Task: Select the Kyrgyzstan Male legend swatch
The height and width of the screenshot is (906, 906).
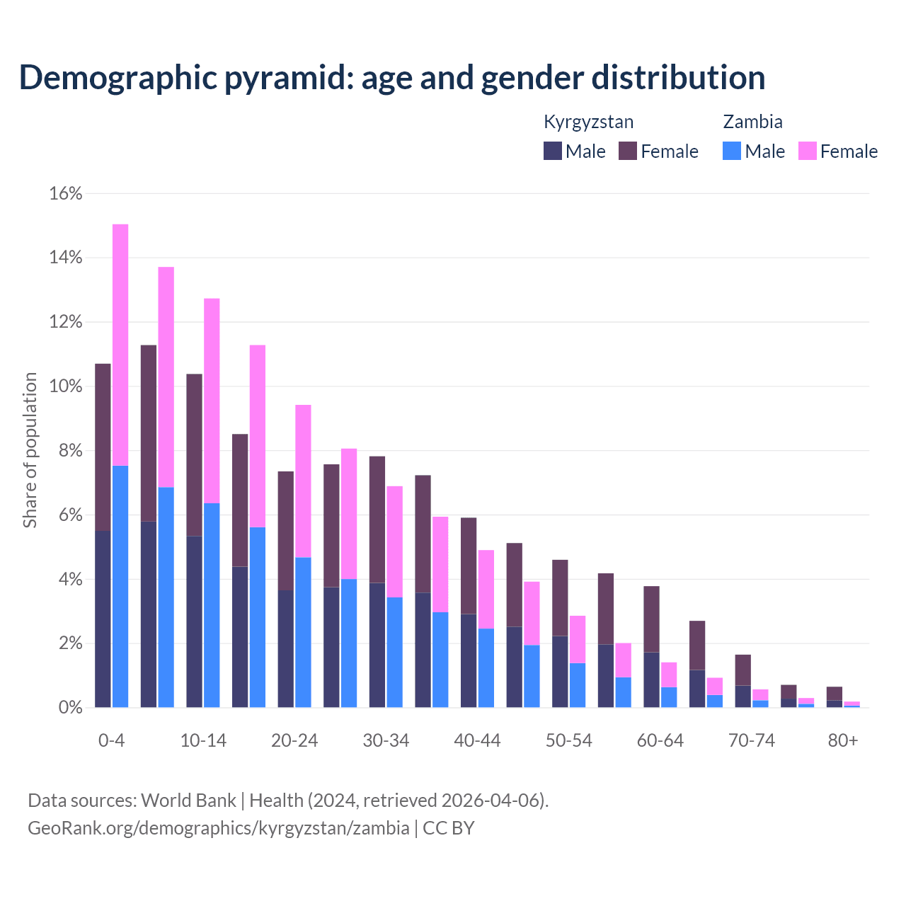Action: pos(553,151)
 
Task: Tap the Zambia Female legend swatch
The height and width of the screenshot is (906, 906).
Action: pos(807,151)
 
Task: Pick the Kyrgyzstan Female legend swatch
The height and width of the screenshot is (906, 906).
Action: pos(628,151)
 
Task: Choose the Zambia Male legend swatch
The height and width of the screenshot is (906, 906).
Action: pos(732,151)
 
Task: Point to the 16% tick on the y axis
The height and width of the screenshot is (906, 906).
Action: pos(66,193)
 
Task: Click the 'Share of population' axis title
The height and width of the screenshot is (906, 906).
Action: pos(30,450)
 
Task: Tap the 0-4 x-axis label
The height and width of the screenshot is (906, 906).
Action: pos(111,740)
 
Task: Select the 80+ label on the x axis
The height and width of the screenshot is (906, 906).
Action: pos(843,740)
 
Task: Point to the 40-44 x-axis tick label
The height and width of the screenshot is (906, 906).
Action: pos(477,740)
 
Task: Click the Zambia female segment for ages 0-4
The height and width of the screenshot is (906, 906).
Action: pos(120,345)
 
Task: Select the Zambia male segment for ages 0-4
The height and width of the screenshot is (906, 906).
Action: pos(120,586)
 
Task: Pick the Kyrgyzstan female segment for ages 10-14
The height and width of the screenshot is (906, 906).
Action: pos(194,454)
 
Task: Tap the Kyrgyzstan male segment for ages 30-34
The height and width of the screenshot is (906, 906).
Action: pos(377,645)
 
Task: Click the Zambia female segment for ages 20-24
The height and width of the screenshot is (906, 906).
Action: pos(303,481)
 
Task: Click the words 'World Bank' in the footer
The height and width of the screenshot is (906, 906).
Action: pos(188,801)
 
